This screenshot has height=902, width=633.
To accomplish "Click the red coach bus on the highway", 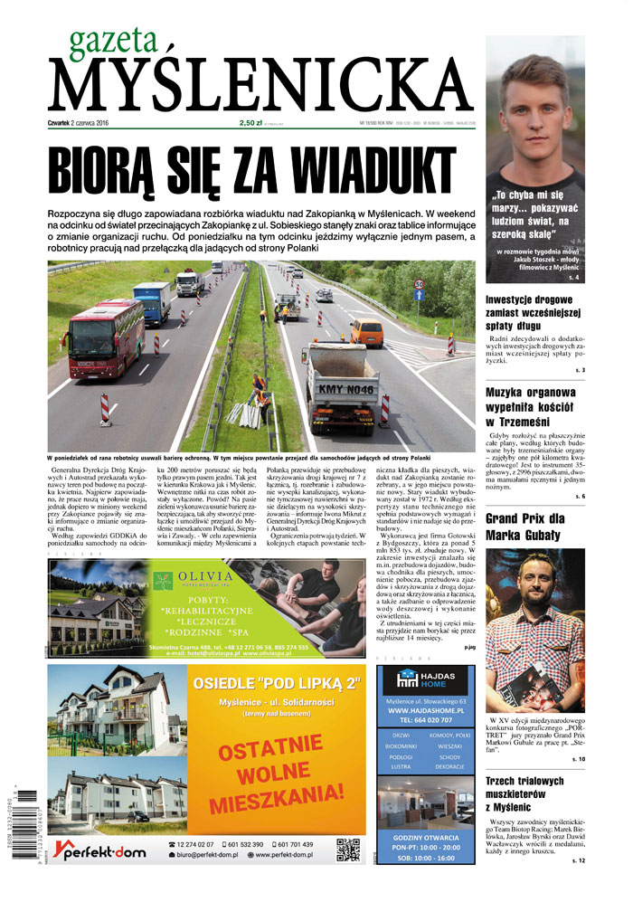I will (103, 338).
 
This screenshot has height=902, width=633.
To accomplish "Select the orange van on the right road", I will (366, 333).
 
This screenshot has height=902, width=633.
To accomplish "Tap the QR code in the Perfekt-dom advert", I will (348, 849).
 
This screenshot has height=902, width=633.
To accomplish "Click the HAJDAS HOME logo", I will (426, 680).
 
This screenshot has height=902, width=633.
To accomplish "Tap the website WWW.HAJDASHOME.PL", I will (425, 710).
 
